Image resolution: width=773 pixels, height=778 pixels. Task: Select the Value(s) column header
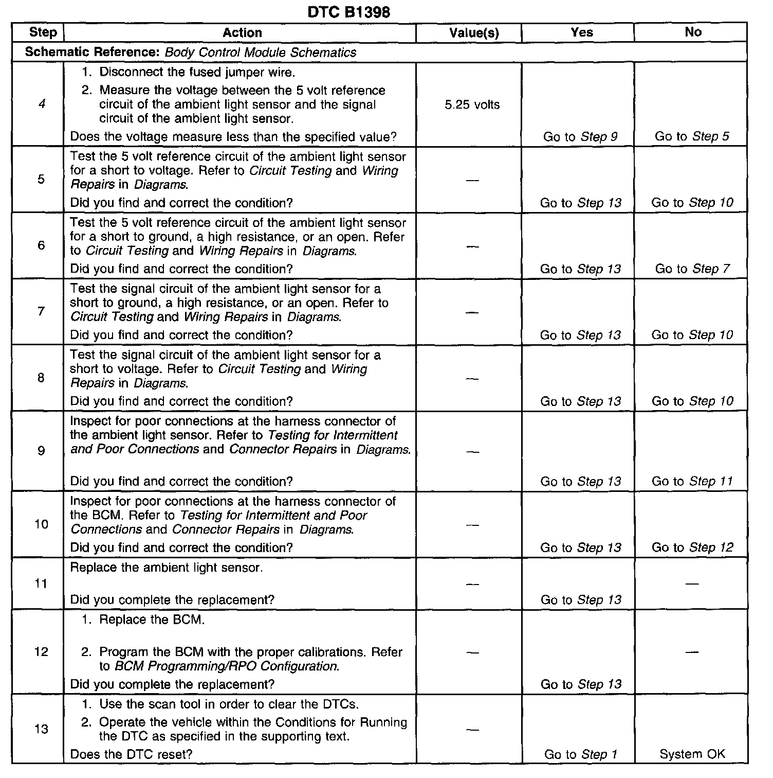pyautogui.click(x=473, y=33)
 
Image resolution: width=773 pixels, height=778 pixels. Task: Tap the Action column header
pyautogui.click(x=242, y=33)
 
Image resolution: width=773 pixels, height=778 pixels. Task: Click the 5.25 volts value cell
pyautogui.click(x=472, y=105)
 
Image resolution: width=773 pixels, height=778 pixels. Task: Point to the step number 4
pyautogui.click(x=42, y=104)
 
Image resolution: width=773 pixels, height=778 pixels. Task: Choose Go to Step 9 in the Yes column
pyautogui.click(x=580, y=137)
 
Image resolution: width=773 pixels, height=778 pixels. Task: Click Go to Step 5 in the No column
pyautogui.click(x=692, y=137)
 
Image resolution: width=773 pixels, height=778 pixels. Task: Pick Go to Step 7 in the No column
pyautogui.click(x=692, y=269)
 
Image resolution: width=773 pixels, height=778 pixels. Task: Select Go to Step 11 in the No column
pyautogui.click(x=692, y=481)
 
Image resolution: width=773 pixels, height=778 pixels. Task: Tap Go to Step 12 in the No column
pyautogui.click(x=692, y=547)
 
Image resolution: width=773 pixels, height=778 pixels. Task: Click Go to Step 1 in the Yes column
pyautogui.click(x=580, y=754)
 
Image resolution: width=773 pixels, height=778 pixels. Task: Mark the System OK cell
pyautogui.click(x=692, y=754)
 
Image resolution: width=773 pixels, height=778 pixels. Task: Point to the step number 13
pyautogui.click(x=41, y=729)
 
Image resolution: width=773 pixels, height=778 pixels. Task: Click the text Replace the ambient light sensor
pyautogui.click(x=166, y=568)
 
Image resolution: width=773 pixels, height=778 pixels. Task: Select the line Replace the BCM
pyautogui.click(x=152, y=620)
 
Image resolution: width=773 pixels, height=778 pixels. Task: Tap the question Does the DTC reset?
pyautogui.click(x=131, y=754)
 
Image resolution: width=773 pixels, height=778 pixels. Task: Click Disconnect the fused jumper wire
pyautogui.click(x=197, y=72)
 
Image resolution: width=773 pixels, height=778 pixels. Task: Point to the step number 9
pyautogui.click(x=41, y=451)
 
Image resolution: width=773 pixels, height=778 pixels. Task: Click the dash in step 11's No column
pyautogui.click(x=692, y=584)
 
